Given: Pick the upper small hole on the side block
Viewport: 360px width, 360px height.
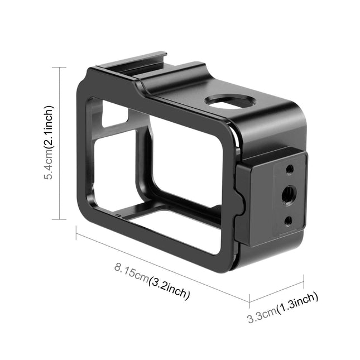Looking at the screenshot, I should point(289,168).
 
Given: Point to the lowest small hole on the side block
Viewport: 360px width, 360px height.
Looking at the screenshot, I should point(288,220).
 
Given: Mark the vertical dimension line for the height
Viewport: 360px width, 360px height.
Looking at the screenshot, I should point(60,142).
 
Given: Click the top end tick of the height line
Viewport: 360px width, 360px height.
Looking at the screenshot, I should point(60,68).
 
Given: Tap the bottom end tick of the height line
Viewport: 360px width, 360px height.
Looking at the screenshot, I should point(60,219).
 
